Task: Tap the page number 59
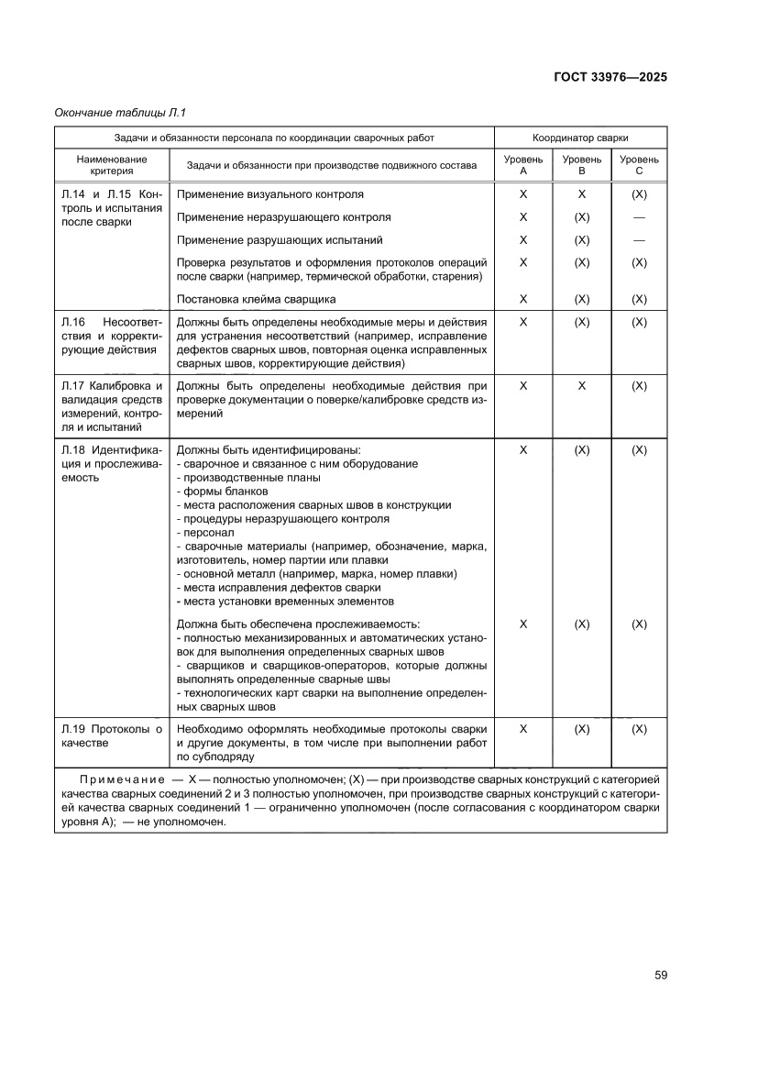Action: [660, 975]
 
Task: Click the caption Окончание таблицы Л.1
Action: [120, 113]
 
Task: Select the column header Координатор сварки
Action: [580, 137]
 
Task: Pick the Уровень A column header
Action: [523, 165]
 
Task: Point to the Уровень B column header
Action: [581, 165]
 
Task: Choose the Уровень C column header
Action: [639, 165]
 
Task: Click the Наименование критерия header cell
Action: [112, 165]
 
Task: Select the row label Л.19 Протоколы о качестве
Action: [111, 735]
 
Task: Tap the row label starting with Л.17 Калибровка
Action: [111, 406]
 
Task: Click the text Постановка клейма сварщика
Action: [256, 299]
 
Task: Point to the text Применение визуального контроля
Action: [269, 194]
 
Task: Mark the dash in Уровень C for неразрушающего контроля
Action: [639, 217]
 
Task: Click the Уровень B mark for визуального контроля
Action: [581, 194]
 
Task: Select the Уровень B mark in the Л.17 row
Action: [581, 386]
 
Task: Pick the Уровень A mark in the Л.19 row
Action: [523, 729]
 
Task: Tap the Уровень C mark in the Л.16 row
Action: [639, 322]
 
